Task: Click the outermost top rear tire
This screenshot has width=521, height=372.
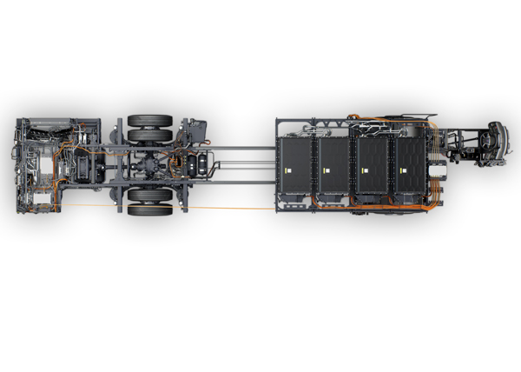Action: coord(149,121)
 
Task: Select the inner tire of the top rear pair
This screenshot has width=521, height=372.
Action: coord(149,136)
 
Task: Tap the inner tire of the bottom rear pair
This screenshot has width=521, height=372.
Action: coord(149,195)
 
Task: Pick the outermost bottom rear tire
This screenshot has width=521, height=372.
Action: coord(149,209)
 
